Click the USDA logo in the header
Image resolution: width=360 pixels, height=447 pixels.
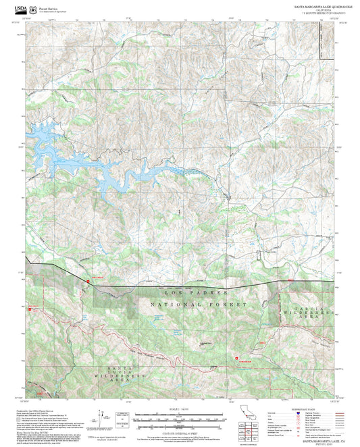13,9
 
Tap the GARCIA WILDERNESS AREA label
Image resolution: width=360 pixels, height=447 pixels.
313,312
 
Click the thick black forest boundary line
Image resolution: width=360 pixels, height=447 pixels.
203,284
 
